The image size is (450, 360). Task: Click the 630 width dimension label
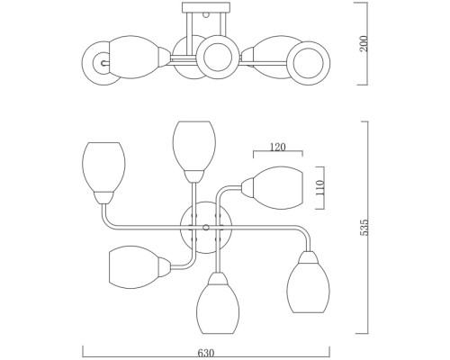206,353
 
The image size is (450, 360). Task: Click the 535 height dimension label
364,228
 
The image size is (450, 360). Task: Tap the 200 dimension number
364,43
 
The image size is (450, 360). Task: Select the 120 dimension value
278,147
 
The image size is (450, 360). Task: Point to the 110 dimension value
320,187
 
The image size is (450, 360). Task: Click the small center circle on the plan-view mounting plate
206,227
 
